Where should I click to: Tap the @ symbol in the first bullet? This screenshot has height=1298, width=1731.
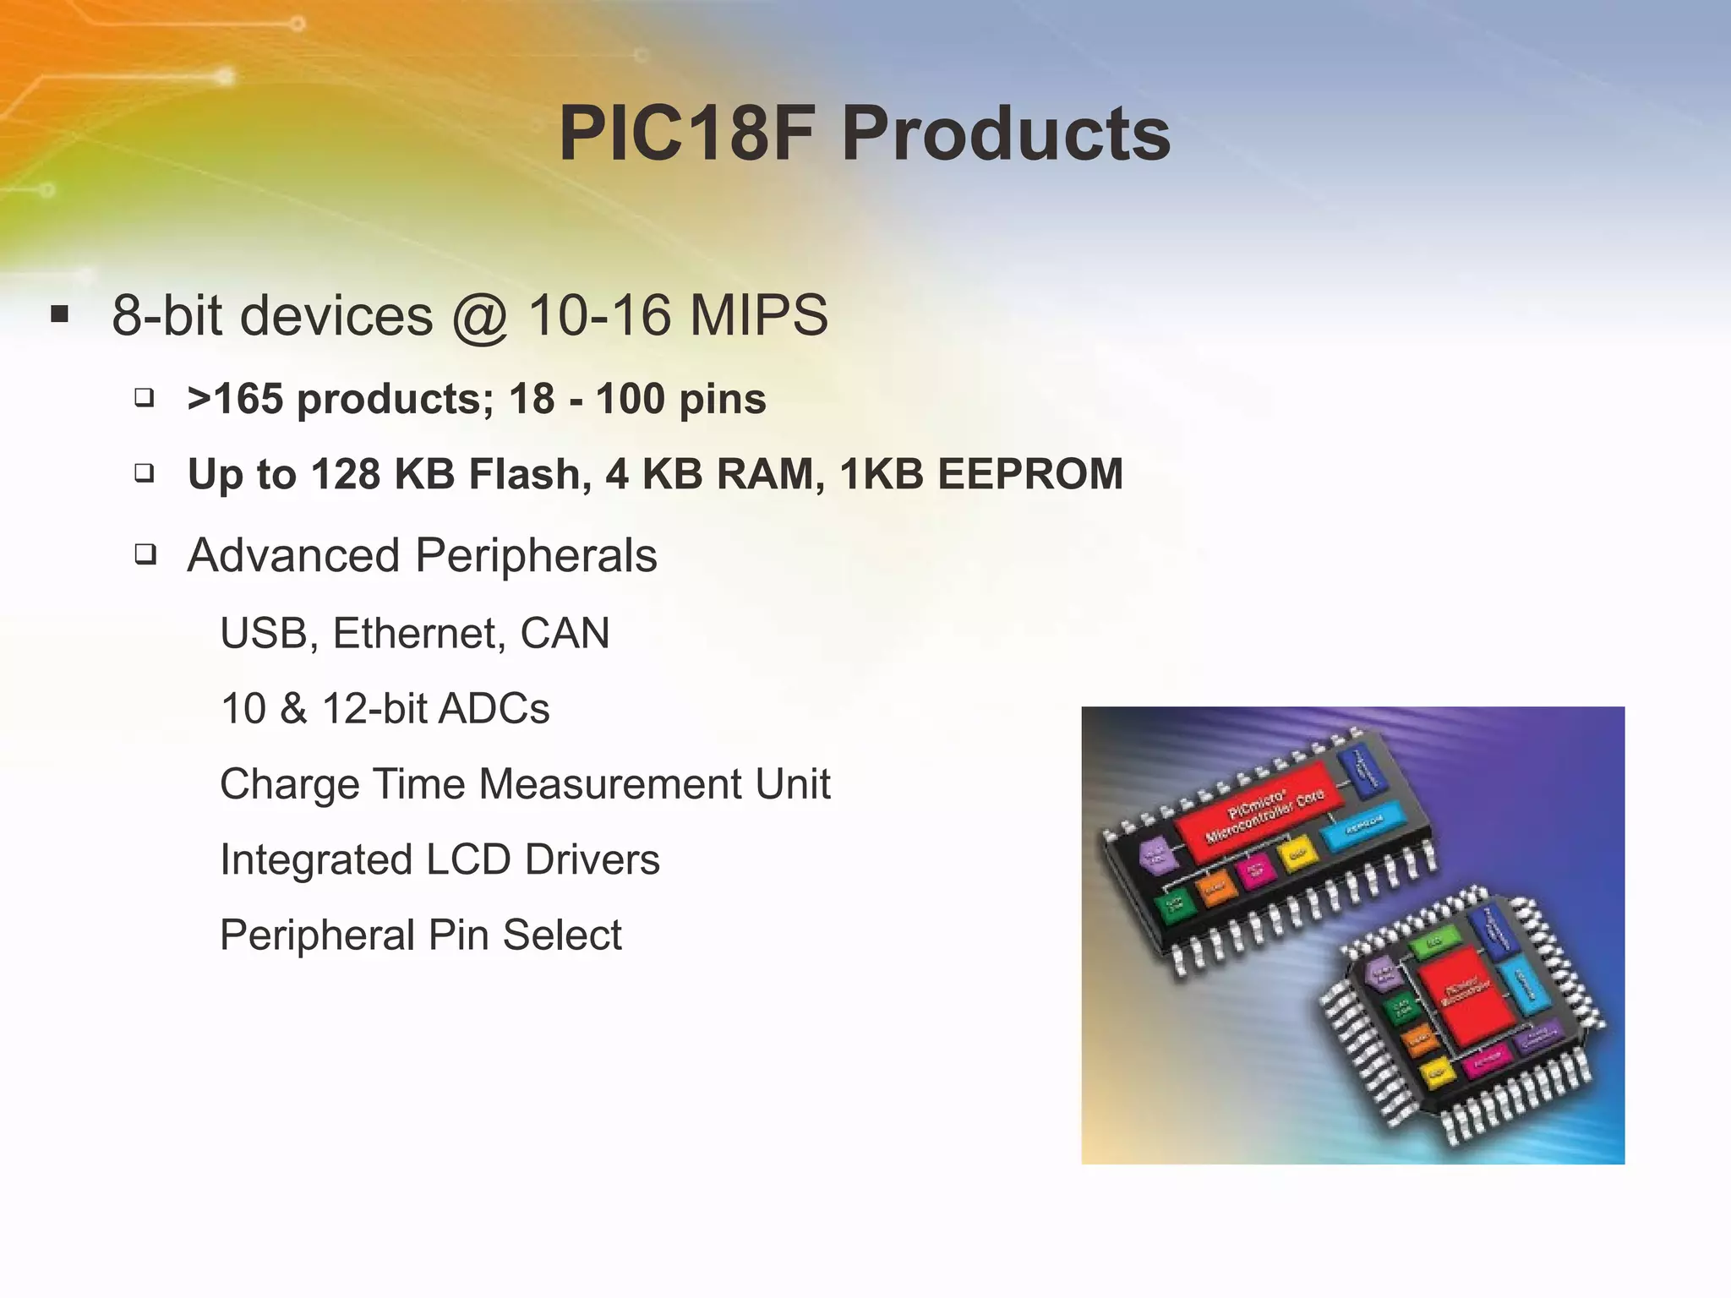tap(479, 317)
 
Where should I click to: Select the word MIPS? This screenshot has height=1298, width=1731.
tap(758, 315)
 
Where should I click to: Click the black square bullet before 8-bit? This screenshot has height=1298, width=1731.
tap(59, 315)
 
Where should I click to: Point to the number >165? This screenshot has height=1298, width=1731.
tap(235, 399)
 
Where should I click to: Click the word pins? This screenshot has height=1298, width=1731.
tap(723, 399)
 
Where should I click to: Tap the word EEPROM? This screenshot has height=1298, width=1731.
tap(1030, 474)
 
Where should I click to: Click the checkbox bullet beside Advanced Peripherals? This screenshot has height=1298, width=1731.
tap(145, 555)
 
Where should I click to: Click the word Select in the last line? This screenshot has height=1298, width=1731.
tap(561, 935)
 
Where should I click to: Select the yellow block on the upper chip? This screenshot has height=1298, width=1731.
tap(1296, 854)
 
